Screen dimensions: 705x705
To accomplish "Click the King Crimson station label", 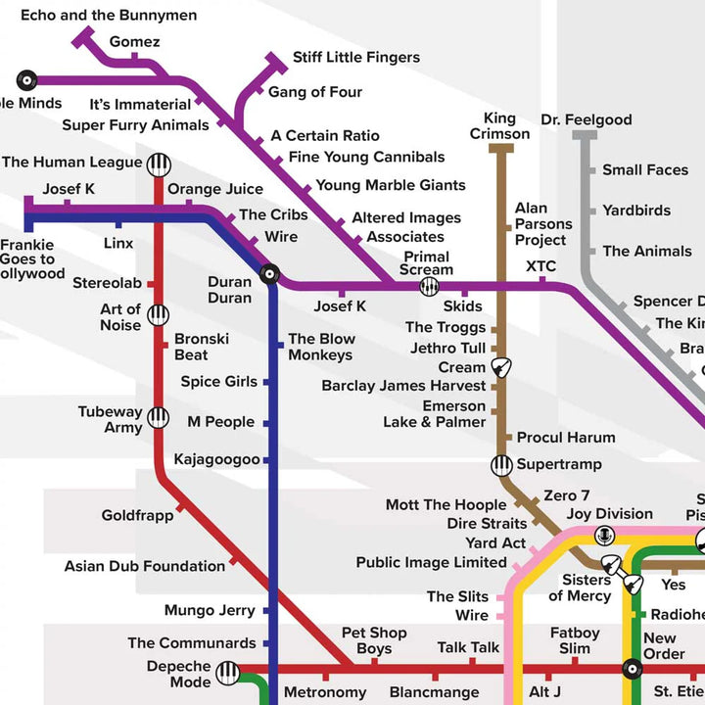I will click(499, 126).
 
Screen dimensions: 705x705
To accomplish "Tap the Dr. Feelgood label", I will click(587, 119).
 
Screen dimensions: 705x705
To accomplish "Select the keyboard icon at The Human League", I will click(159, 164).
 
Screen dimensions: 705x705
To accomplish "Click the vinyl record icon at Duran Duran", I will click(269, 274).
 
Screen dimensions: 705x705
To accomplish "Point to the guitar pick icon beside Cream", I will click(503, 368).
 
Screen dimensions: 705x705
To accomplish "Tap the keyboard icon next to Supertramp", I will click(501, 465).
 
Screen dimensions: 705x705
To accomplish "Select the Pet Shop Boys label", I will click(373, 640).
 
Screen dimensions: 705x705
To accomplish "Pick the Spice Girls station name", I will click(218, 382).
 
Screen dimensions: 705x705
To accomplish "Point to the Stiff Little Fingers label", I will click(356, 58).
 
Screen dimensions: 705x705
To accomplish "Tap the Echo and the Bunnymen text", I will click(108, 15).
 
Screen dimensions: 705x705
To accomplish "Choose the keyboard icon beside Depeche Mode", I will click(228, 673).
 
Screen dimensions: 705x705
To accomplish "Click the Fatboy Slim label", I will click(575, 640).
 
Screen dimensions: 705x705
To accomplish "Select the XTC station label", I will click(540, 266).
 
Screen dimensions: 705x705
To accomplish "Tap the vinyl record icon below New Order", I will click(632, 670).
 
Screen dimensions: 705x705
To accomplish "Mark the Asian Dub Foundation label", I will click(145, 566).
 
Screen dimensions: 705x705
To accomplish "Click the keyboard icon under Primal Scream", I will click(429, 286).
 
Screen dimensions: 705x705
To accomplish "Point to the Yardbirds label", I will click(636, 211).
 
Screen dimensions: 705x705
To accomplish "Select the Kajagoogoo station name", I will click(216, 459).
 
